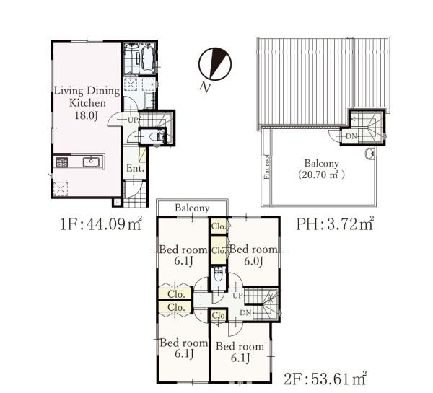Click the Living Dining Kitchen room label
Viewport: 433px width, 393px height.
tap(87, 102)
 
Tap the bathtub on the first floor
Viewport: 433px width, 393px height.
tap(148, 58)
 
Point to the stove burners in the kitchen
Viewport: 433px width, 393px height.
tap(62, 162)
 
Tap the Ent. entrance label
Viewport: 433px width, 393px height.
tap(135, 168)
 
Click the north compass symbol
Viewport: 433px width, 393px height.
tap(215, 64)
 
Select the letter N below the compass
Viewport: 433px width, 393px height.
tap(205, 87)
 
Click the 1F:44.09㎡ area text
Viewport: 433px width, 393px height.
tap(101, 224)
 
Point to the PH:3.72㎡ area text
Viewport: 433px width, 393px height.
tap(335, 224)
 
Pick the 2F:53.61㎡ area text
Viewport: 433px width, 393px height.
tap(325, 379)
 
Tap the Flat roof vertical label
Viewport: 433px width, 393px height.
tap(267, 167)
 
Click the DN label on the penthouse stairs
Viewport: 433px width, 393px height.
tap(351, 136)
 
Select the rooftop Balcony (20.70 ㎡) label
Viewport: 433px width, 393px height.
tap(321, 169)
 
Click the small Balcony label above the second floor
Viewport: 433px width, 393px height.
tap(192, 208)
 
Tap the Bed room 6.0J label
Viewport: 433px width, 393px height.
tap(253, 255)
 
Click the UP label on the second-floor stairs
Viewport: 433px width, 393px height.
tap(237, 296)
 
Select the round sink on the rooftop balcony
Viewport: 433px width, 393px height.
tap(369, 154)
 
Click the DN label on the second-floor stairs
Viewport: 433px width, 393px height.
tap(245, 313)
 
